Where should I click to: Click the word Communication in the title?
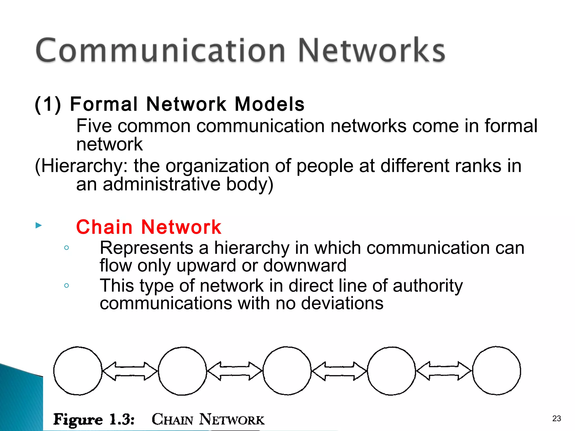(x=160, y=51)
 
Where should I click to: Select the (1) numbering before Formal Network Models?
(x=48, y=104)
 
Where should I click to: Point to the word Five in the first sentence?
(x=94, y=126)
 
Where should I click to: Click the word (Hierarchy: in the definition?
(x=81, y=166)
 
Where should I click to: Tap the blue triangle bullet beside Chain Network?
(x=39, y=225)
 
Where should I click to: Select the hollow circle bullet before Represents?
(x=67, y=248)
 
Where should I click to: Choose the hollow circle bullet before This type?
(x=67, y=286)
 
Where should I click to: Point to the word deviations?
(x=342, y=303)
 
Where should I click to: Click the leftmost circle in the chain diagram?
(x=78, y=371)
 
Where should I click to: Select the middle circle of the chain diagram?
(x=287, y=371)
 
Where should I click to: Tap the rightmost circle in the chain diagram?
(x=496, y=371)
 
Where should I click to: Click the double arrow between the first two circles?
(x=130, y=371)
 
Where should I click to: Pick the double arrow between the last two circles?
(x=444, y=371)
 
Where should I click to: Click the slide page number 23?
(x=556, y=418)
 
